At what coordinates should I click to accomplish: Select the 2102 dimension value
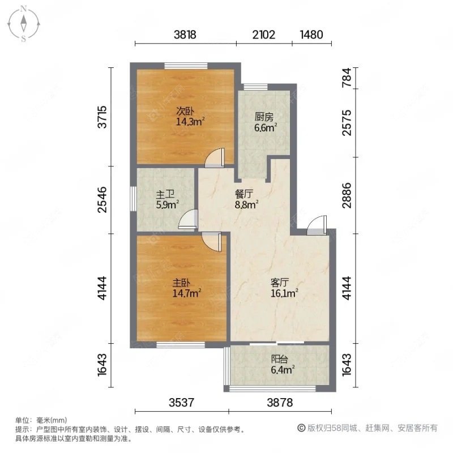point(263,35)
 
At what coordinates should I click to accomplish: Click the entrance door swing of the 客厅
point(316,224)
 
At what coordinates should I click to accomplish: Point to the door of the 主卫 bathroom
point(188,219)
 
